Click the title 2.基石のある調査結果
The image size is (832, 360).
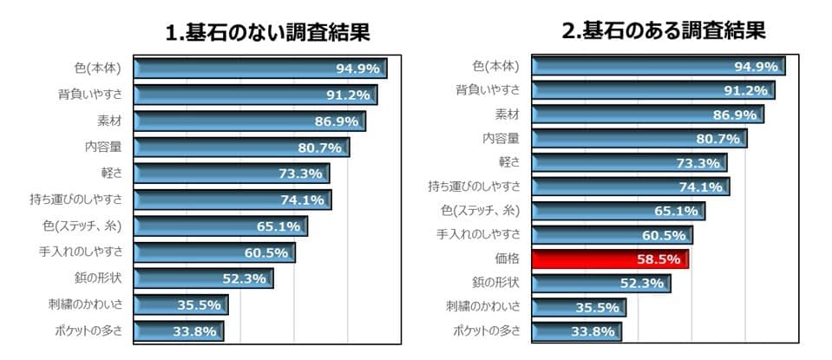pyautogui.click(x=664, y=31)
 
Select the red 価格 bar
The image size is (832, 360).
pyautogui.click(x=609, y=259)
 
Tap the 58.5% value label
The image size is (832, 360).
pyautogui.click(x=658, y=259)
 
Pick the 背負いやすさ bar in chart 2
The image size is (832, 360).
pyautogui.click(x=652, y=90)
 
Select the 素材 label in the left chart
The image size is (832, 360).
pyautogui.click(x=108, y=121)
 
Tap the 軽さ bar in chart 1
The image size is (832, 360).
pyautogui.click(x=231, y=173)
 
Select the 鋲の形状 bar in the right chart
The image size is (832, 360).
pyautogui.click(x=600, y=283)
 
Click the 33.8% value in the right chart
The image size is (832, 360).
pyautogui.click(x=593, y=331)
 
